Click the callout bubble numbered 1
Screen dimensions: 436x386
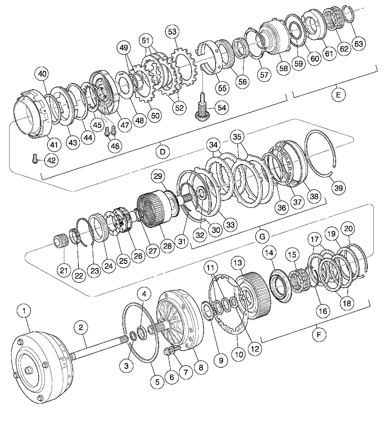(x=24, y=311)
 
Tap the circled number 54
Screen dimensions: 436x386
(x=222, y=108)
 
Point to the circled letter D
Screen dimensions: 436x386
(x=163, y=152)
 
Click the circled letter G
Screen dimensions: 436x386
(x=262, y=236)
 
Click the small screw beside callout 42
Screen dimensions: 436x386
(x=34, y=159)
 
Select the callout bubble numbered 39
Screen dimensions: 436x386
(x=339, y=188)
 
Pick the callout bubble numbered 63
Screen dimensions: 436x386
(x=359, y=44)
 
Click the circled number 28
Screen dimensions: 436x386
(x=167, y=246)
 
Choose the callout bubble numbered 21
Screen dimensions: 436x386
(x=64, y=270)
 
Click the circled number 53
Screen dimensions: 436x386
(x=172, y=31)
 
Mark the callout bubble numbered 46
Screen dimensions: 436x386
(x=115, y=146)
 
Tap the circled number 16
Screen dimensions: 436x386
(x=323, y=311)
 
